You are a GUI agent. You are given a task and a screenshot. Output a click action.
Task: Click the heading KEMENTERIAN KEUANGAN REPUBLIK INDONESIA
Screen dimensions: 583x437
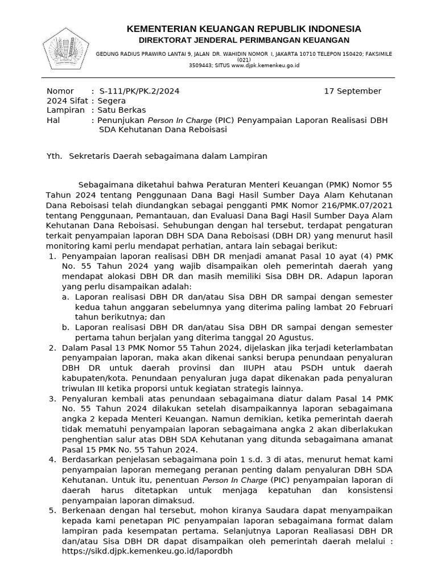coord(244,29)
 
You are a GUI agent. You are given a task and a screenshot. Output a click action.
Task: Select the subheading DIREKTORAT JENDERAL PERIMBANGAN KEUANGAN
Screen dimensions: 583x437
coord(244,40)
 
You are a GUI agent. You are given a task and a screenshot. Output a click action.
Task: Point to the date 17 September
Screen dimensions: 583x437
coord(352,91)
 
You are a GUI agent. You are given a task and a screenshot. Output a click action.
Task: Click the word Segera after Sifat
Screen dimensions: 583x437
coord(112,101)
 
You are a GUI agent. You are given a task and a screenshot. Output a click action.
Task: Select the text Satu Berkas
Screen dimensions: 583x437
coord(121,110)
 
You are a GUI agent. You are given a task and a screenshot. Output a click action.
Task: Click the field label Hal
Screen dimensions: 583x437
coord(52,120)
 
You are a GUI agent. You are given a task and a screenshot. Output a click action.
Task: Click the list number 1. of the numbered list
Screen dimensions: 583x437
coord(52,257)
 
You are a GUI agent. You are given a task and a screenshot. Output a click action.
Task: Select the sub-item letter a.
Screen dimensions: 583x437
coord(66,297)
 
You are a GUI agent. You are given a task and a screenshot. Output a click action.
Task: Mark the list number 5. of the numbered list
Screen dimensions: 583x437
coord(52,511)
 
